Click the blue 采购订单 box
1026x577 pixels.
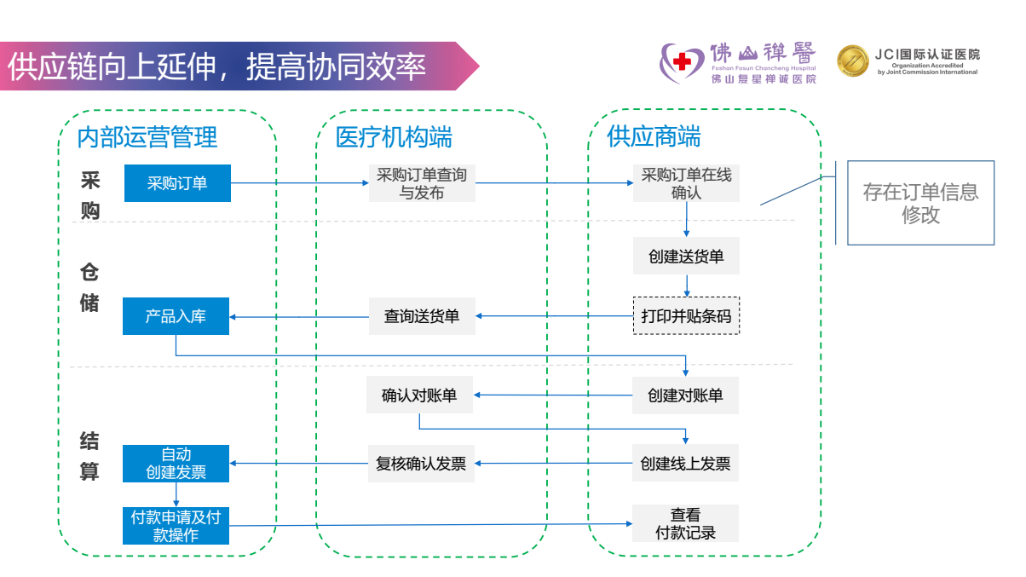point(177,183)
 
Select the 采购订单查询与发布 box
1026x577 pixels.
point(422,183)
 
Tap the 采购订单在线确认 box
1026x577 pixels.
point(686,183)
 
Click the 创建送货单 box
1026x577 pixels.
point(686,256)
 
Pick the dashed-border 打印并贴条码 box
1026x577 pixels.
point(686,316)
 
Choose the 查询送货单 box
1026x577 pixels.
point(422,316)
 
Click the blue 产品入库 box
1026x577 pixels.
point(176,316)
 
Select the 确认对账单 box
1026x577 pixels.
point(419,395)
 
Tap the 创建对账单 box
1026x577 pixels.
point(685,395)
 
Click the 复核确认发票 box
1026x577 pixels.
point(421,464)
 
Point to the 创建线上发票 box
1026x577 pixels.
point(685,464)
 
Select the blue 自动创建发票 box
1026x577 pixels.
point(176,464)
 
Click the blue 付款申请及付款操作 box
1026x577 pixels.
point(176,526)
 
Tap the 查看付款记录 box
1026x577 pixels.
point(685,524)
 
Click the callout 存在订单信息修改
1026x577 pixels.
point(920,203)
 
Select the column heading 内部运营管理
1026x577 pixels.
point(147,136)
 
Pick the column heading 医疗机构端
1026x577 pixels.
point(394,136)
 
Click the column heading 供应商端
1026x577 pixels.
point(654,136)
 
